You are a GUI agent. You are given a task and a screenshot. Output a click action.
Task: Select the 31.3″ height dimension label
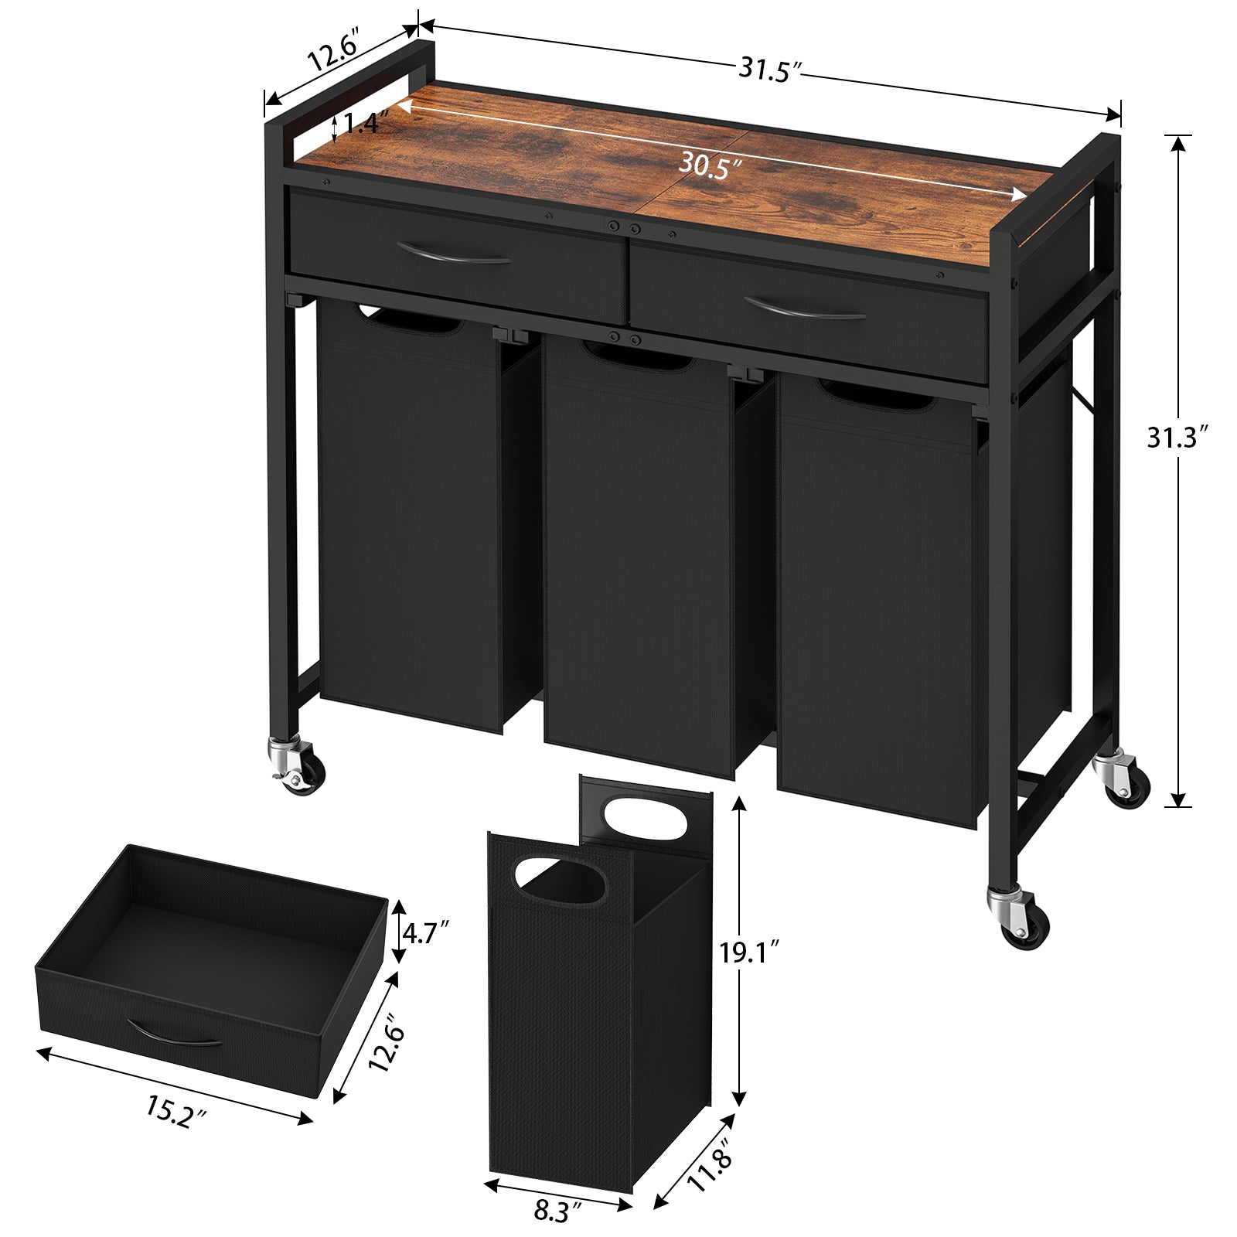1176,438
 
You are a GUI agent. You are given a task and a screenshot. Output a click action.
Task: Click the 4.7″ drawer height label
425,933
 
